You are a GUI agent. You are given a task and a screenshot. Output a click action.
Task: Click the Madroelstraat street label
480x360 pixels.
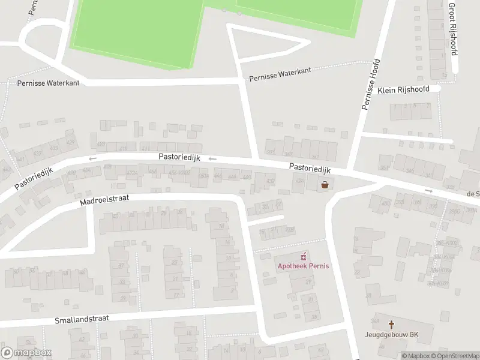pyautogui.click(x=104, y=200)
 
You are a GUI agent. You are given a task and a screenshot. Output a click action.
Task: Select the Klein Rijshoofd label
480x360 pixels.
pyautogui.click(x=404, y=90)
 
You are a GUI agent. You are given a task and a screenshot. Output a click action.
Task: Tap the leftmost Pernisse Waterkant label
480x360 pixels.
pyautogui.click(x=49, y=83)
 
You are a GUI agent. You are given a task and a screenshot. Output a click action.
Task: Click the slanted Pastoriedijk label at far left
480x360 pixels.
pyautogui.click(x=34, y=178)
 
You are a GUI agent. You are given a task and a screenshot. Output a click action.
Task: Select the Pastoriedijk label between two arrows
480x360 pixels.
pyautogui.click(x=179, y=157)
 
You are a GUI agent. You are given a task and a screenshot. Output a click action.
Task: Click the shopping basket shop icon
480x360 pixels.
pyautogui.click(x=325, y=185)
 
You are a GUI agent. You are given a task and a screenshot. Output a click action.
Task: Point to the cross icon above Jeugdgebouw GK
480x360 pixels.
pyautogui.click(x=391, y=324)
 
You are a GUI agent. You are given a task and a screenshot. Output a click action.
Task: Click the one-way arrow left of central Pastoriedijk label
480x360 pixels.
pyautogui.click(x=92, y=158)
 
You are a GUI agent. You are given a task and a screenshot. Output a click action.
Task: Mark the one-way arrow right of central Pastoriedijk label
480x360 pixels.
pyautogui.click(x=212, y=158)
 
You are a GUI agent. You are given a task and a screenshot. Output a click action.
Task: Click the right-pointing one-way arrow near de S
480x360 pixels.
pyautogui.click(x=428, y=190)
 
